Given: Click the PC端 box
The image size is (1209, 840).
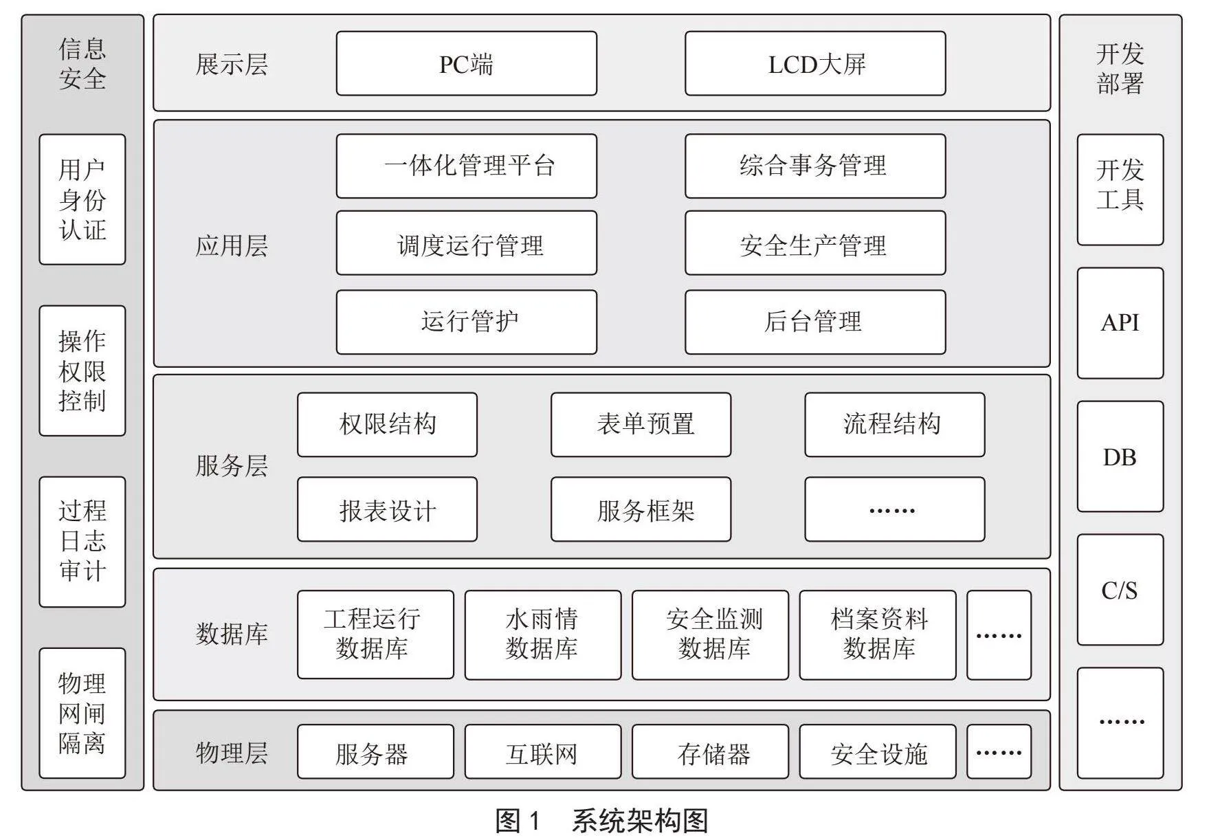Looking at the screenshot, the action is point(466,63).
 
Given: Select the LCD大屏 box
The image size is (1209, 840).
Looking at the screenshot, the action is point(815,63).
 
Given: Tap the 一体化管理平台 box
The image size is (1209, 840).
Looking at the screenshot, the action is point(466,166).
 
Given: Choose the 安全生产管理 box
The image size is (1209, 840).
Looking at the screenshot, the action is point(815,243).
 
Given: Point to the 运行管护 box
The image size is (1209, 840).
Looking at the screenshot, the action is point(466,322).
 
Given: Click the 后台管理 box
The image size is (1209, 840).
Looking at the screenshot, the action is point(815,322).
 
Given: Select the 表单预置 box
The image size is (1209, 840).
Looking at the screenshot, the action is point(641,424).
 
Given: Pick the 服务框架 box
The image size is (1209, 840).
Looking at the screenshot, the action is point(641,509).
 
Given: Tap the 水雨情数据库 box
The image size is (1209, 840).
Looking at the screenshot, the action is point(542,634).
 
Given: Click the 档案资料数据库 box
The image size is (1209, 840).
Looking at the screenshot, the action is point(878,634).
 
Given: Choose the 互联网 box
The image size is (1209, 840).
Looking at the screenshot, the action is point(542,751).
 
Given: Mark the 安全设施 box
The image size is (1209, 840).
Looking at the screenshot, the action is point(878,751).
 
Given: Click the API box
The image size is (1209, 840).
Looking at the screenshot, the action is point(1120,322).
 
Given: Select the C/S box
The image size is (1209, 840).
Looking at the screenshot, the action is point(1120,589).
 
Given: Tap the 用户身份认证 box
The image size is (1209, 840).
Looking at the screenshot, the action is point(82,199).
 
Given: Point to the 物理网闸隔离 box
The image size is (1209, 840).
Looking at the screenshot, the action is point(82,713).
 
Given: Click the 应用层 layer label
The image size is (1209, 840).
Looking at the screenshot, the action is point(232,245).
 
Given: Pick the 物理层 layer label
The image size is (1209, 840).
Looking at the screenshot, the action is point(232,753).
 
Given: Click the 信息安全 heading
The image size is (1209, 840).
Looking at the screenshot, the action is point(82,63).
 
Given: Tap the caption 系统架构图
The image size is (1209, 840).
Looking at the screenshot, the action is point(640,821).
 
